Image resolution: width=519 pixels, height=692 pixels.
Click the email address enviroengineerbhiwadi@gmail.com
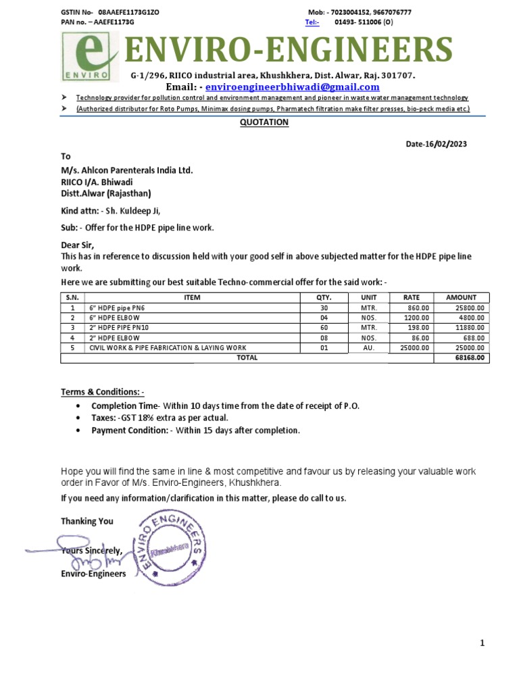pos(292,87)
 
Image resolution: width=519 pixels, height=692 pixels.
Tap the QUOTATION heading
pos(265,122)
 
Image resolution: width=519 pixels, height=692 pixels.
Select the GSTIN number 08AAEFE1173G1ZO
pos(128,13)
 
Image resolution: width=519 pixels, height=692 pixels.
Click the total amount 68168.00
pos(471,358)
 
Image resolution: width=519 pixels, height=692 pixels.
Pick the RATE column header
pos(411,297)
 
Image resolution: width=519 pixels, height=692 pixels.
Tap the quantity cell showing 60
pos(324,328)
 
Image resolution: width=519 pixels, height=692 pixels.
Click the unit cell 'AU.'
pos(369,348)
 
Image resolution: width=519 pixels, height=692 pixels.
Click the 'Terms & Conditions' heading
pos(103,393)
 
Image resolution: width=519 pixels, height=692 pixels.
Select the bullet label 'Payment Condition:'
pos(130,430)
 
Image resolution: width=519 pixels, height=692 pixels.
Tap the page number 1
pos(483,643)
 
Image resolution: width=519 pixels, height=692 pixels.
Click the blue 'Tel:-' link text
pos(312,22)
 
